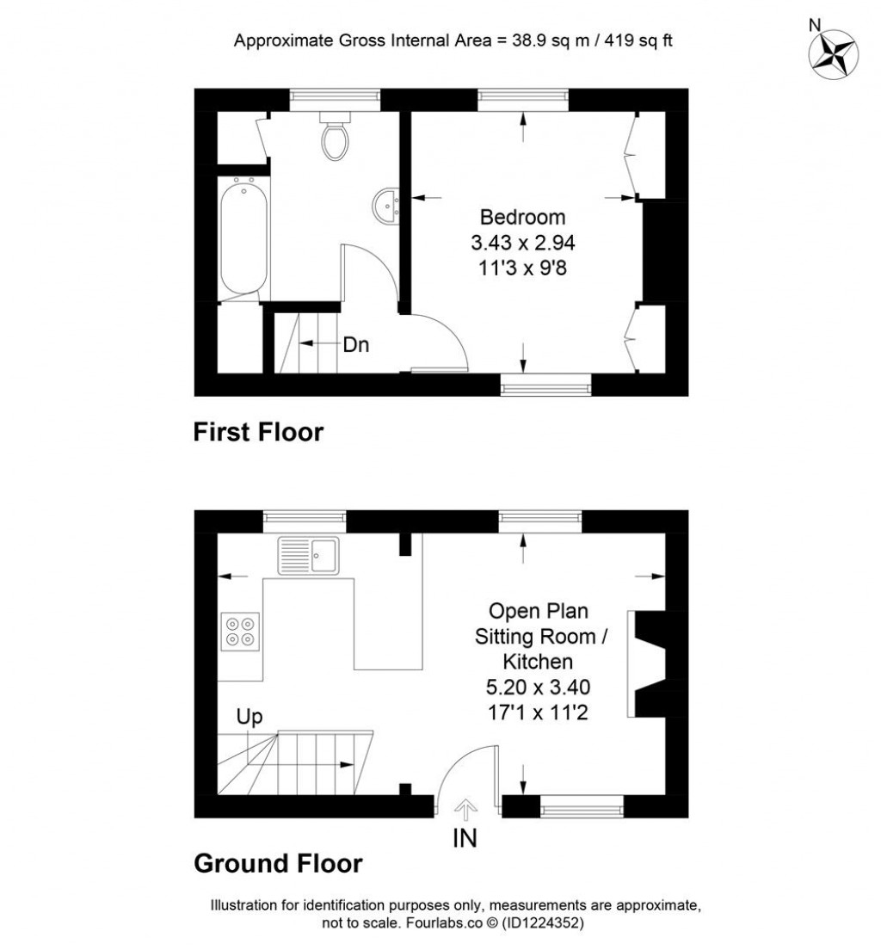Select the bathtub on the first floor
[243, 237]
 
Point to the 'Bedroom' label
[522, 216]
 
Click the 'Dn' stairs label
[355, 345]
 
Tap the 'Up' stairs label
[250, 716]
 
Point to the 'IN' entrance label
[465, 837]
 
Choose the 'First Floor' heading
[258, 431]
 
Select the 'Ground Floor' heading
[278, 862]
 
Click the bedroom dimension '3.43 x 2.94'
[522, 242]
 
